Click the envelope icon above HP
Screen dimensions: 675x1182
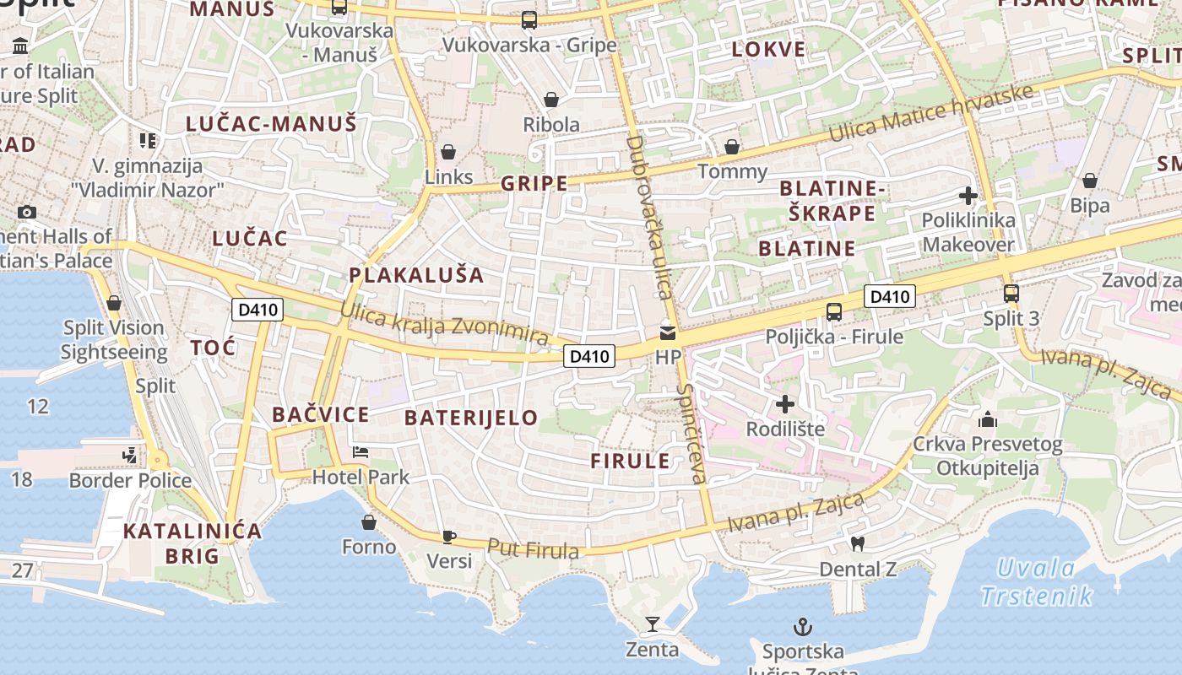tap(668, 332)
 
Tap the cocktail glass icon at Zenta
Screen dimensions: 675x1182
tap(652, 624)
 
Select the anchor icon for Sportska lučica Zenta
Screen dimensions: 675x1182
tap(803, 627)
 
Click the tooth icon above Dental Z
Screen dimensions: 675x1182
tap(858, 544)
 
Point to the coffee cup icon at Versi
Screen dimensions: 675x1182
tap(448, 537)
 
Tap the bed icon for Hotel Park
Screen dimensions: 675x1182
tap(361, 452)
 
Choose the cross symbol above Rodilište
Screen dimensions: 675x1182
tap(785, 404)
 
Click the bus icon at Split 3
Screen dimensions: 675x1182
tap(1011, 294)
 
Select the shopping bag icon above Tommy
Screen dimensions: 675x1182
tap(732, 147)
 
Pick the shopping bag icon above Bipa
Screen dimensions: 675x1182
tap(1090, 181)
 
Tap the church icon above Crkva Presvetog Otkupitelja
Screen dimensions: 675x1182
tap(987, 419)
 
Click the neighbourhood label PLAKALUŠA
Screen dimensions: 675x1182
tap(417, 275)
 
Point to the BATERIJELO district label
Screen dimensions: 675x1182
tap(471, 418)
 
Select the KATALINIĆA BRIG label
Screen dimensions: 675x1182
tap(192, 543)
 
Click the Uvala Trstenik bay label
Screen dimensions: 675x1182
tap(1037, 582)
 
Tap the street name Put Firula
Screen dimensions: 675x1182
tap(534, 549)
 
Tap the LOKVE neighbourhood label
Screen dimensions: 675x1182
tap(768, 49)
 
